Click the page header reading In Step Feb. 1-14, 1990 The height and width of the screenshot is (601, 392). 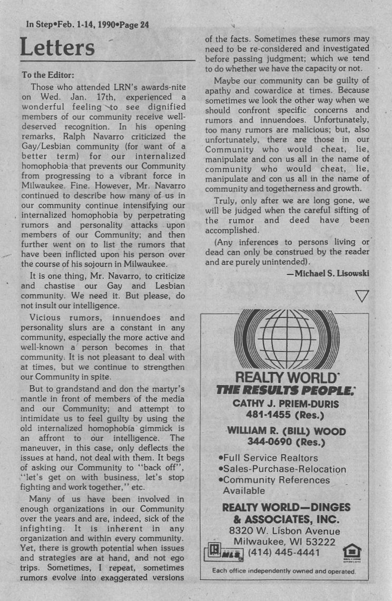(84, 24)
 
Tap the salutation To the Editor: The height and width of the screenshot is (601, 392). (48, 75)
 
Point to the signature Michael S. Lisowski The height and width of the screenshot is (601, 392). (328, 273)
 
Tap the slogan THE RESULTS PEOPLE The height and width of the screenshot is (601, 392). (285, 390)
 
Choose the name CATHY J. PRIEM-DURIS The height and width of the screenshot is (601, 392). (285, 404)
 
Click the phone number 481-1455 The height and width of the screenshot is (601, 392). (285, 415)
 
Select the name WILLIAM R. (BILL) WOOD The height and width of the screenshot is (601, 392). (286, 431)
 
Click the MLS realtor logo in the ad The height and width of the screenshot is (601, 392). (224, 553)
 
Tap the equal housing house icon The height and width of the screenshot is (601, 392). (351, 552)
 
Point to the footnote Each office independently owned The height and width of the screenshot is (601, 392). (284, 571)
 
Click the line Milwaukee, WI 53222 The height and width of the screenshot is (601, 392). (285, 541)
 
